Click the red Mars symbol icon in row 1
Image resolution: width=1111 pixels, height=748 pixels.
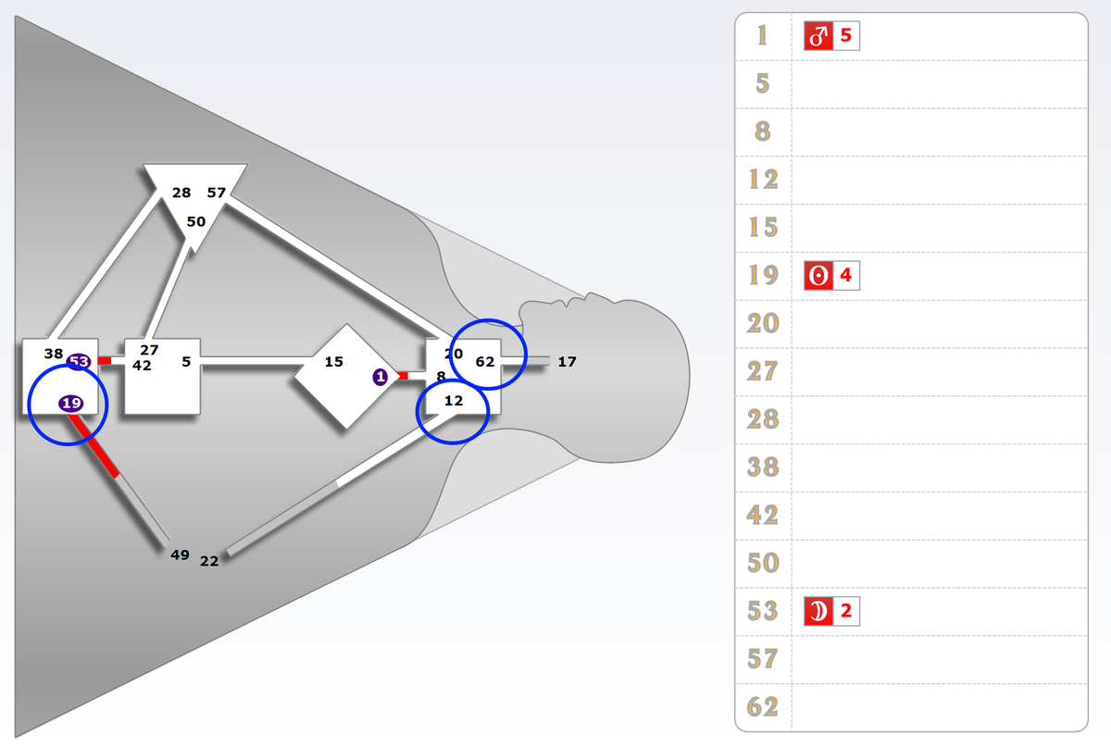[818, 37]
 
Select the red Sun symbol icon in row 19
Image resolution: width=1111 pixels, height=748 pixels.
[818, 276]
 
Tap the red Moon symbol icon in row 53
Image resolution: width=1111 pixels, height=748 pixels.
[818, 612]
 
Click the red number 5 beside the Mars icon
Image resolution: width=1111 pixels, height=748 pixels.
[846, 37]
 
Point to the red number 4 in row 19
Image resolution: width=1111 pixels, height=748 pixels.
[846, 276]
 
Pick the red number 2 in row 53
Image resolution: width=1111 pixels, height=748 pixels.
[846, 612]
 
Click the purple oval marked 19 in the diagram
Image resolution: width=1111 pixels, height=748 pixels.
[71, 403]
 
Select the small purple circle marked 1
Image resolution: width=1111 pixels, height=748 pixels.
[380, 377]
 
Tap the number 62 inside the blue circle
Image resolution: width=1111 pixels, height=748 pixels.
[485, 362]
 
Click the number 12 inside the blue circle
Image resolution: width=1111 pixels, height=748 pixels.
[454, 401]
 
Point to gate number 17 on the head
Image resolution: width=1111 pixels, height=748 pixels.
[568, 362]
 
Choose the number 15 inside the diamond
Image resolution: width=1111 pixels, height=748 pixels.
[334, 362]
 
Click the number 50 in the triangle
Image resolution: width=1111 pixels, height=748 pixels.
[196, 222]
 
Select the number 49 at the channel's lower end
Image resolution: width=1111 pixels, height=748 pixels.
[181, 555]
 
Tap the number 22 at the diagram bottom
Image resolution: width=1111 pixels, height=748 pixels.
[209, 560]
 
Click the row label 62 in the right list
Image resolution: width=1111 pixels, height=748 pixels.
[762, 707]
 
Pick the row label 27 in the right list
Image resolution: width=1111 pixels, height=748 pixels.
[762, 371]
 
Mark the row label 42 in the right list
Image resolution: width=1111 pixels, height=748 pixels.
[762, 515]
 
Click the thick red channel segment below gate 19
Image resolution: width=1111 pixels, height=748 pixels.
[96, 448]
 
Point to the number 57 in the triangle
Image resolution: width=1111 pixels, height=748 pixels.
[217, 193]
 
